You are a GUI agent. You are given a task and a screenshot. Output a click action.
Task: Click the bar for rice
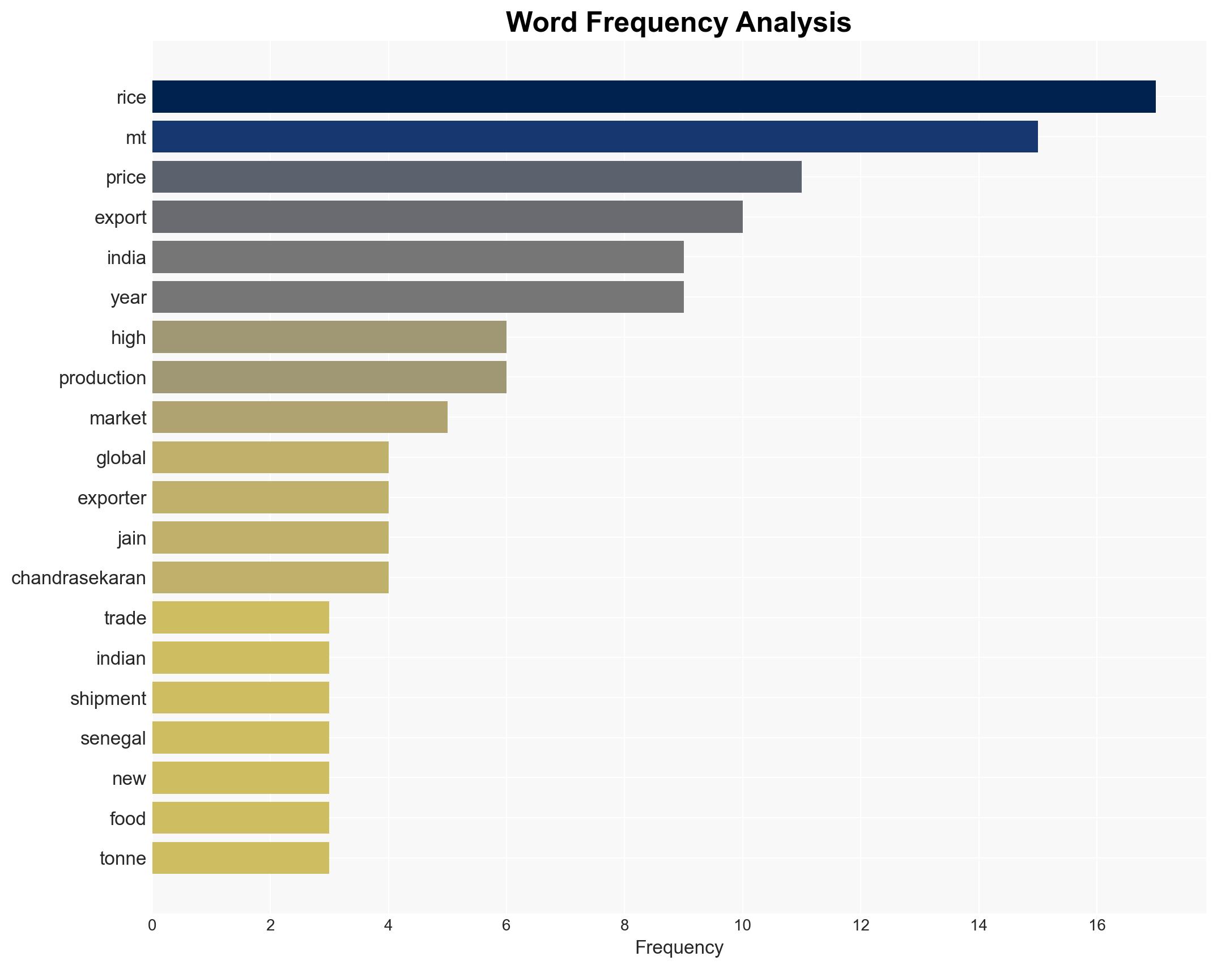pos(654,97)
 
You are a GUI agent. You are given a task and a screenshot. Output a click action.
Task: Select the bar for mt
pos(595,137)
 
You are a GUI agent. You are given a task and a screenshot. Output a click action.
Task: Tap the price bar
pos(477,177)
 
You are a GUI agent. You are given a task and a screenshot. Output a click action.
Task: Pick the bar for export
pos(448,217)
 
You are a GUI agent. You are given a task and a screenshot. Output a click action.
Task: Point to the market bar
pos(300,417)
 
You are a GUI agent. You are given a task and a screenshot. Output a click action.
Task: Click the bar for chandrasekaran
pos(270,577)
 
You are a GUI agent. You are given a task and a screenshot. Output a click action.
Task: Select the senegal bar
pos(241,738)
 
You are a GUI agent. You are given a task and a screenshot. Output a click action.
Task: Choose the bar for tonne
pos(241,858)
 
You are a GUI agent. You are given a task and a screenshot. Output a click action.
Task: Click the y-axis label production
pos(103,377)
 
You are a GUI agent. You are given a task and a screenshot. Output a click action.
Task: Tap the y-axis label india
pos(126,257)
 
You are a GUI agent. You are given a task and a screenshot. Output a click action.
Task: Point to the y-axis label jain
pos(131,538)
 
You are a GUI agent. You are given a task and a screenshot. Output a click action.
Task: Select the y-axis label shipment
pos(108,698)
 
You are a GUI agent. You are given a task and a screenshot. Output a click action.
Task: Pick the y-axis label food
pos(127,818)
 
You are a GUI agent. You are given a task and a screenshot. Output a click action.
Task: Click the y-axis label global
pos(121,457)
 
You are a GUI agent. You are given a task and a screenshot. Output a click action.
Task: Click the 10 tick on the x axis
pos(742,925)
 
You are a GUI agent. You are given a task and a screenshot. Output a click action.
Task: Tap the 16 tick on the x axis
pos(1097,925)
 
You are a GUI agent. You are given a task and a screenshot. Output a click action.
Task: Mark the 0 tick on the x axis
pos(152,925)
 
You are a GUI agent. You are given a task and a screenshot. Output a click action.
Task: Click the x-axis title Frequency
pos(679,947)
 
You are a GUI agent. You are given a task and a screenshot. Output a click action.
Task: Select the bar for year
pos(418,297)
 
